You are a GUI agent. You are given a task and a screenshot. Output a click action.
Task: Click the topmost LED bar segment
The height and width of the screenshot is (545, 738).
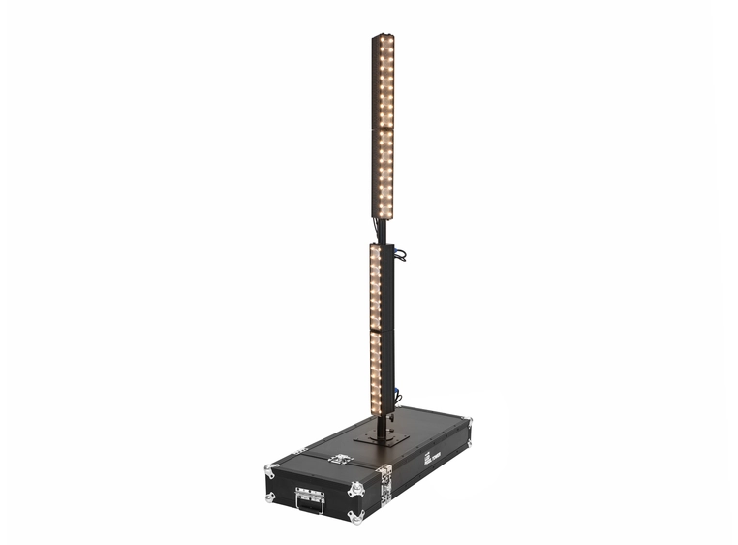384,81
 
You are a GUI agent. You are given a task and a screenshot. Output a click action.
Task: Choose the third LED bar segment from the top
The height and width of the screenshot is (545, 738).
379,287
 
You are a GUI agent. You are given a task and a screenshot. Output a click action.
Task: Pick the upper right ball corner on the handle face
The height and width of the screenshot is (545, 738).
352,492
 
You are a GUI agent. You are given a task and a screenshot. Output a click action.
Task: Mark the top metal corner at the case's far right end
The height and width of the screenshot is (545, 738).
467,422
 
